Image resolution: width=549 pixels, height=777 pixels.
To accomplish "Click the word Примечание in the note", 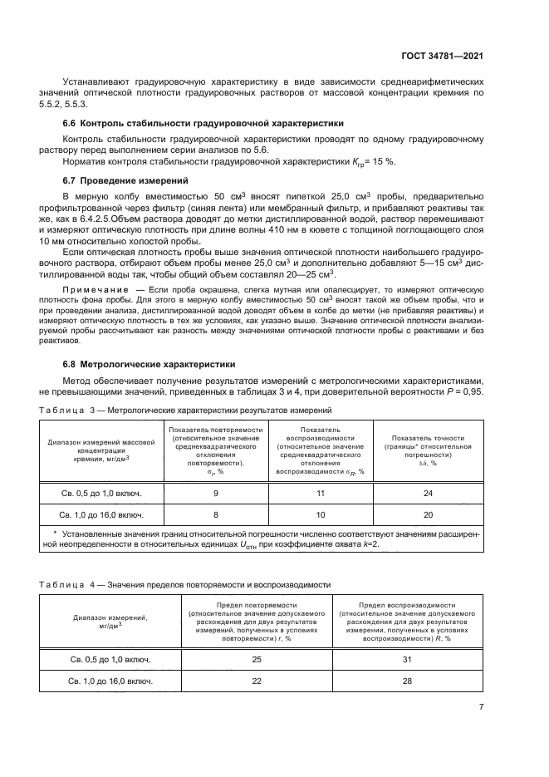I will click(92, 288).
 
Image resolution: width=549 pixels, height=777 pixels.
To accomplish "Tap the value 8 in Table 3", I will click(216, 514).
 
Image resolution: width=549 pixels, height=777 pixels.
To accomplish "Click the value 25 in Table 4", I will click(257, 658).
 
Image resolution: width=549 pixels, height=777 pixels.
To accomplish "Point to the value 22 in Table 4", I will click(257, 681).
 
